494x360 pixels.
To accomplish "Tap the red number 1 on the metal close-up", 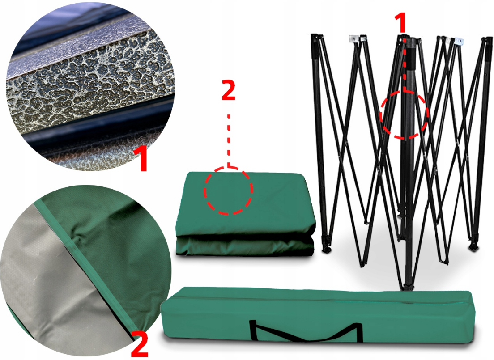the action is click(142, 158).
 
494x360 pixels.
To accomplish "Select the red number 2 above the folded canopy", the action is click(228, 90).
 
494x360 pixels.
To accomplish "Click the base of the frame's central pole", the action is click(409, 286).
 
